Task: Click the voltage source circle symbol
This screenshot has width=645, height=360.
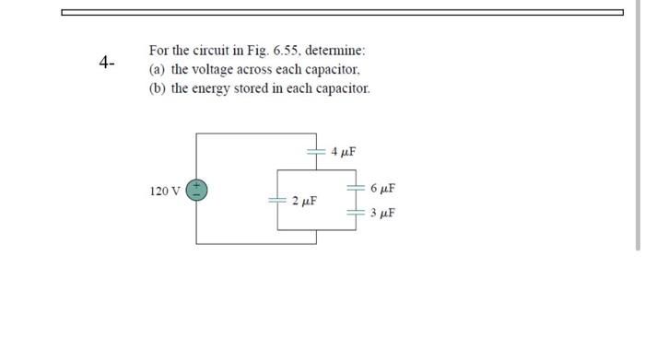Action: click(x=197, y=190)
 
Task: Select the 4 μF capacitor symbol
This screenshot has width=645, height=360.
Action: click(x=315, y=150)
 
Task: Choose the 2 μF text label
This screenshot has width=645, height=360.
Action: click(x=304, y=200)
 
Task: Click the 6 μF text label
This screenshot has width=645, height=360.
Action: click(x=382, y=189)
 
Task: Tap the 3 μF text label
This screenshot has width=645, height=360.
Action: click(x=382, y=213)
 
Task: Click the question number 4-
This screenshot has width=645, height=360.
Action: click(x=107, y=63)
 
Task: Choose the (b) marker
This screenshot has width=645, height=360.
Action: click(x=157, y=88)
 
